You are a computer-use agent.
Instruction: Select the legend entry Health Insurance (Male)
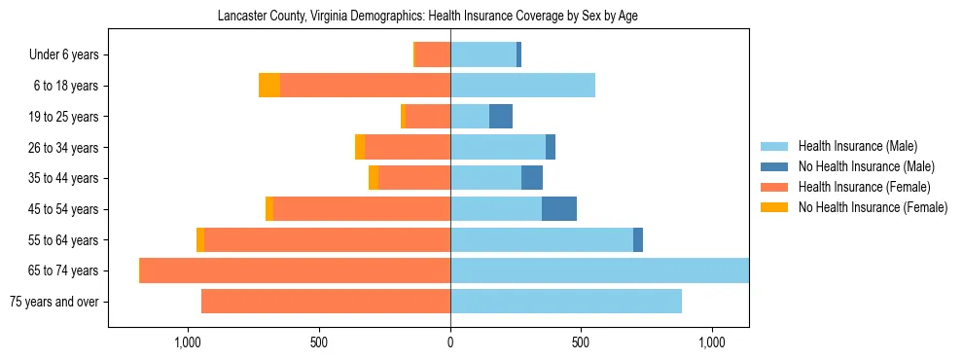click(857, 146)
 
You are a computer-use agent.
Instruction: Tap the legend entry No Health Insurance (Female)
click(873, 207)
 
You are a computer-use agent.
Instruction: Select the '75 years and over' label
click(54, 302)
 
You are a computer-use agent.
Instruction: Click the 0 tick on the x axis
click(450, 342)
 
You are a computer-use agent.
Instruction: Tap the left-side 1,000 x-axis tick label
click(188, 342)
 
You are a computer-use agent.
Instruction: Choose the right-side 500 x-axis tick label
click(581, 342)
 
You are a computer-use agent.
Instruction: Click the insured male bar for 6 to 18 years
click(522, 86)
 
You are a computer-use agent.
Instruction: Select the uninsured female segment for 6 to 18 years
click(269, 86)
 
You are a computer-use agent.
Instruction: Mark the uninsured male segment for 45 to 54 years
click(559, 209)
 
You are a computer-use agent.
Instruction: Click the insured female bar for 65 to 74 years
click(296, 270)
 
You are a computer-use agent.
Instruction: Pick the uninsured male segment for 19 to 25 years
click(501, 117)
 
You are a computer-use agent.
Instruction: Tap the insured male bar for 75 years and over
click(566, 302)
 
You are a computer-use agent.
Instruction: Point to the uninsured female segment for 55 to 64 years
click(200, 240)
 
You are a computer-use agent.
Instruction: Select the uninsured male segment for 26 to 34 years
click(551, 148)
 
